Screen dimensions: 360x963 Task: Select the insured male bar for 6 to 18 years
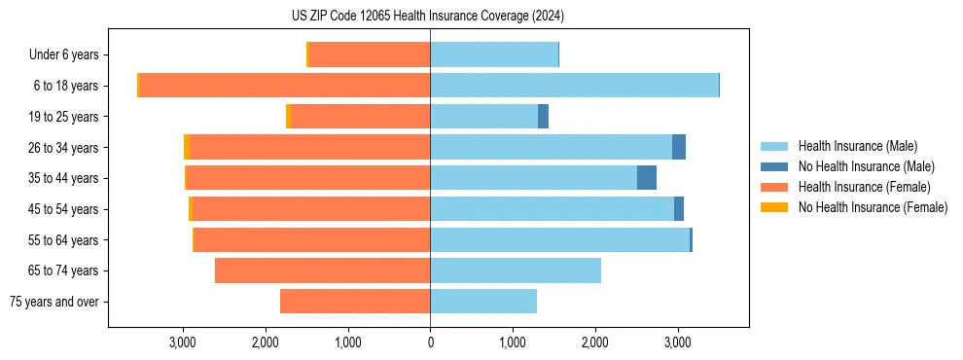tap(574, 86)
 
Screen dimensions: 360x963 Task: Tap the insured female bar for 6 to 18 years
tap(285, 86)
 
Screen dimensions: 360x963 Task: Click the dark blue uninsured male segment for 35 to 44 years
tap(647, 178)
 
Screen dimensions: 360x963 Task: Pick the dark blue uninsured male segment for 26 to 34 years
tap(679, 147)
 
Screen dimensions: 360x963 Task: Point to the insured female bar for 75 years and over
tap(355, 302)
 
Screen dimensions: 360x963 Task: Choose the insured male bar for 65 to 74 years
tap(516, 270)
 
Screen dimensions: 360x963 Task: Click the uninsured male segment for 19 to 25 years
tap(544, 117)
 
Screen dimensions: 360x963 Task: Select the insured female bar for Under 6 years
tap(370, 54)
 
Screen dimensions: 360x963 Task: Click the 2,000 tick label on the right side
tap(595, 342)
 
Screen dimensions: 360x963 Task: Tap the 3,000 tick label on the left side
tap(183, 342)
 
